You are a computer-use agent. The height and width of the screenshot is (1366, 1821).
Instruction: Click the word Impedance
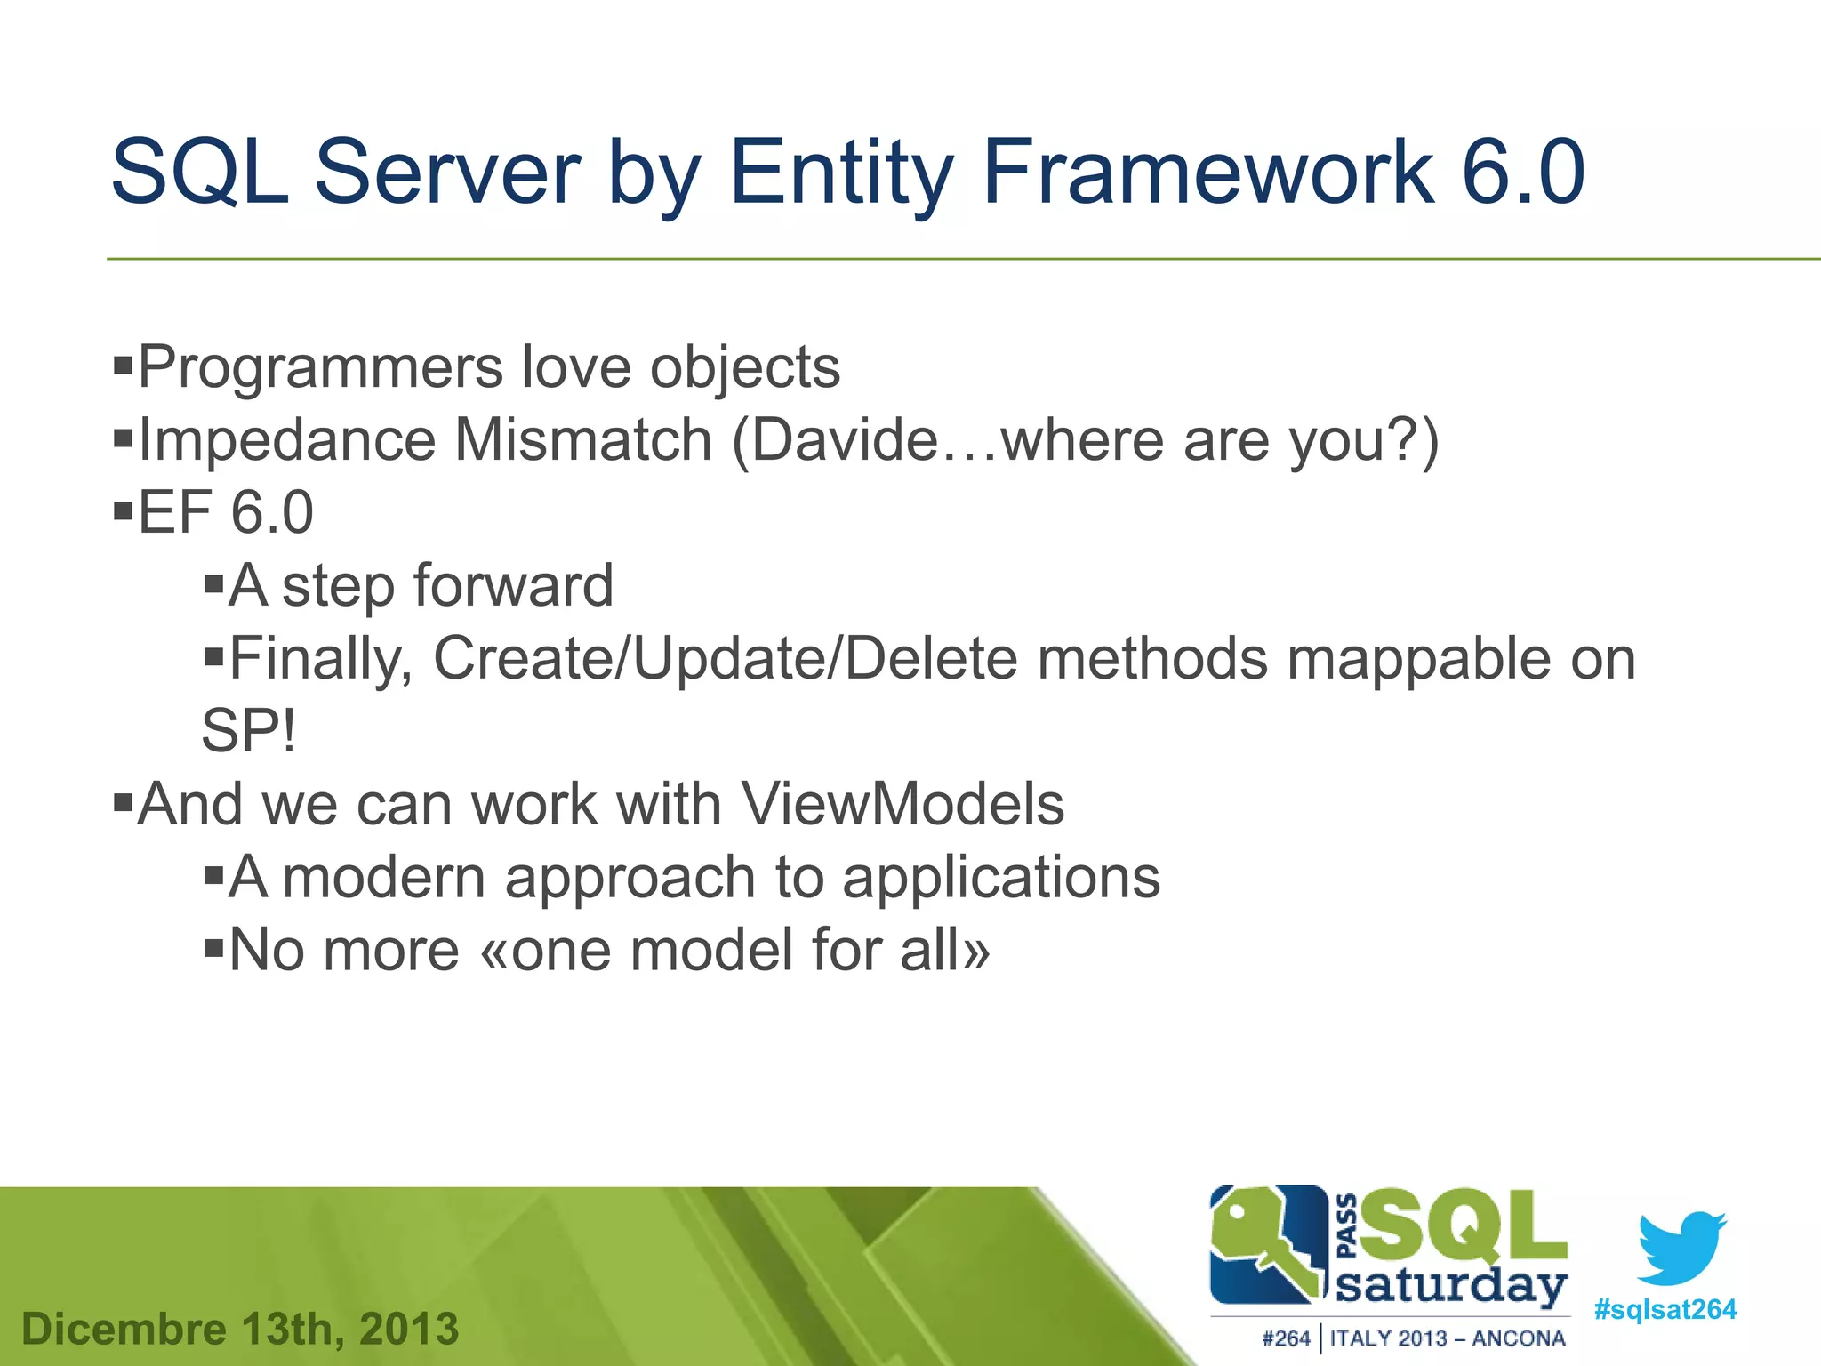[286, 440]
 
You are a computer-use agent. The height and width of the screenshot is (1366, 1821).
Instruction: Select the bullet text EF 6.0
[226, 513]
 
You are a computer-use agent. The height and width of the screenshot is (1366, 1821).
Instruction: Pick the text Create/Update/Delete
[725, 659]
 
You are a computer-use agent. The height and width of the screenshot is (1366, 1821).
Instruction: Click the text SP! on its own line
[248, 732]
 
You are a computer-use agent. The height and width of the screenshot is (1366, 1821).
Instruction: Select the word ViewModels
[902, 805]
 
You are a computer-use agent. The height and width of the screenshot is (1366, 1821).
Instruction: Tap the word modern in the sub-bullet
[383, 878]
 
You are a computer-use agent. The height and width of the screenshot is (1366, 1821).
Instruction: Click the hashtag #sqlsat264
[1665, 1310]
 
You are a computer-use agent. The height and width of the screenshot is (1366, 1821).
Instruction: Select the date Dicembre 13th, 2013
[240, 1330]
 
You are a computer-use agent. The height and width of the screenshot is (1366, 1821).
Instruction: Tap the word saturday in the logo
[1451, 1286]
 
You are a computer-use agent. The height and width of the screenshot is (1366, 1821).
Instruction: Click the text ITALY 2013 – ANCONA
[1447, 1338]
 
